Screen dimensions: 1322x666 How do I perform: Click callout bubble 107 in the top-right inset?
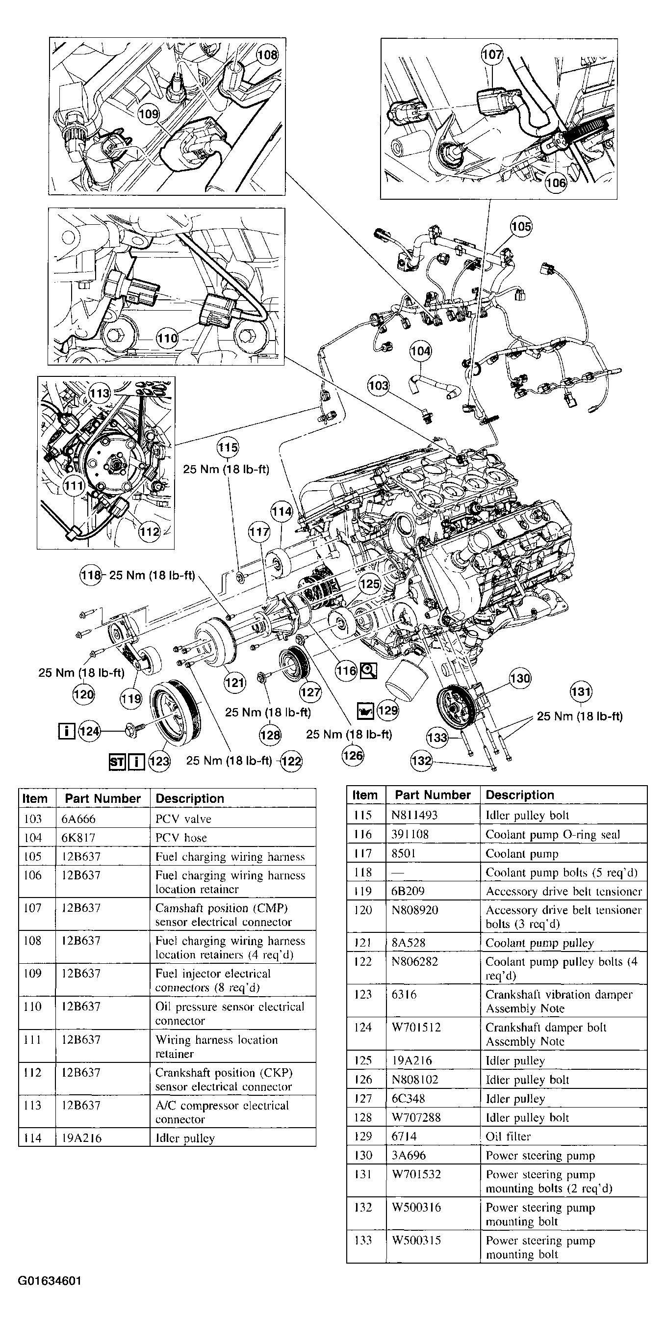492,54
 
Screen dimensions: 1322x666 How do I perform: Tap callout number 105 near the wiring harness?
521,226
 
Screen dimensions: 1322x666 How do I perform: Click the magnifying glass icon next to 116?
369,670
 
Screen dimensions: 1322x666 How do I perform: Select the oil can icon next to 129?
365,711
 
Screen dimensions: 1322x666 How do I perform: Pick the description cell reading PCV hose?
181,838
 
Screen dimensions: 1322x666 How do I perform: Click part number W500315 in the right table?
416,1241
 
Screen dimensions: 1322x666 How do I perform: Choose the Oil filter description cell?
508,1136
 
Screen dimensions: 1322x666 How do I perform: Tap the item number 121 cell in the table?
363,943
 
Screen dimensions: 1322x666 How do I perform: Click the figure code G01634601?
50,1281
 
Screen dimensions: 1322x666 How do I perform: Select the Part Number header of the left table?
102,798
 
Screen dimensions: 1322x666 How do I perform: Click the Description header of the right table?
519,795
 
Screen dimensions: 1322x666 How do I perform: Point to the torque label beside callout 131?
579,716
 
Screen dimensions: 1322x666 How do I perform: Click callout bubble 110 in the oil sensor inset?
167,338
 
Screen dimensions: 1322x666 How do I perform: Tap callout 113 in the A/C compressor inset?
100,393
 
